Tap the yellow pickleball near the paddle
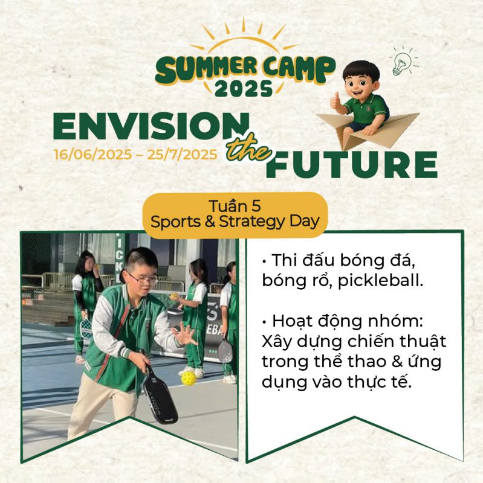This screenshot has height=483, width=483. (x=188, y=378)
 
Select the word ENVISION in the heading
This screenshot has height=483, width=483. (x=151, y=126)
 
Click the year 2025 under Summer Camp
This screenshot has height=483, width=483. (x=244, y=89)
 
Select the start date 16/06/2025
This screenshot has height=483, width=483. (x=93, y=155)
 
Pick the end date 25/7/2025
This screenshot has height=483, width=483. (x=182, y=155)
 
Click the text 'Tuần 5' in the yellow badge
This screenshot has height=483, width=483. (x=235, y=206)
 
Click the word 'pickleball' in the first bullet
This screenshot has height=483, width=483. (x=380, y=281)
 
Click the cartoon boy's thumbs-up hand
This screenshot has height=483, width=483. (x=336, y=102)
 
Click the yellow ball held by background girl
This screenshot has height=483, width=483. (x=174, y=297)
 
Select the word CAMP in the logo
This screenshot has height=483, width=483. (x=299, y=69)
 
